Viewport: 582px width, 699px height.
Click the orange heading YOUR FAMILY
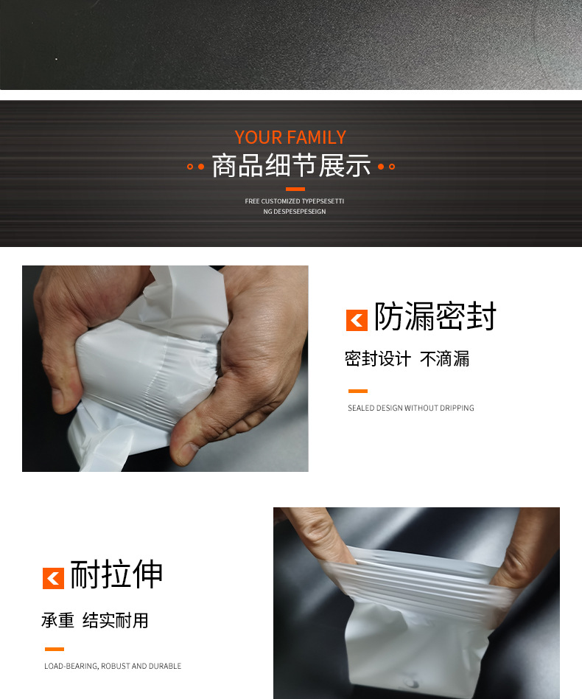(290, 138)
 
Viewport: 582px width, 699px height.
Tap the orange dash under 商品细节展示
(295, 189)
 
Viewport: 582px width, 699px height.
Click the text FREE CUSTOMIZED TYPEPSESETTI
(295, 201)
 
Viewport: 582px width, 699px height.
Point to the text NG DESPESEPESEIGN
(295, 212)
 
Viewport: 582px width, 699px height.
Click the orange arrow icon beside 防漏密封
(357, 320)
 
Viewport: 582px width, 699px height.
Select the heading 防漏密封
(435, 317)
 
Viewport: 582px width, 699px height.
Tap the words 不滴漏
(444, 359)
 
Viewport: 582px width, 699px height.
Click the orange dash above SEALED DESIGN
(357, 392)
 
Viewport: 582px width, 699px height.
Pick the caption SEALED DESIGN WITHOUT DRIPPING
(410, 408)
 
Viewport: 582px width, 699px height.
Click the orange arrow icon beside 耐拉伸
(53, 578)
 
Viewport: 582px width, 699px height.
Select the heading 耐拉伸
(116, 575)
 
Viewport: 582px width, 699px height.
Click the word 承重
(57, 620)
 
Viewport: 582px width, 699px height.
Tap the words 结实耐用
(116, 620)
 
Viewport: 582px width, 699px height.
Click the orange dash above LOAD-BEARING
(55, 649)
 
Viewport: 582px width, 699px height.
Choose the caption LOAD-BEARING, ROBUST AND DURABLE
(113, 666)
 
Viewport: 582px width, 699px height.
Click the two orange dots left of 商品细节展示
(195, 167)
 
